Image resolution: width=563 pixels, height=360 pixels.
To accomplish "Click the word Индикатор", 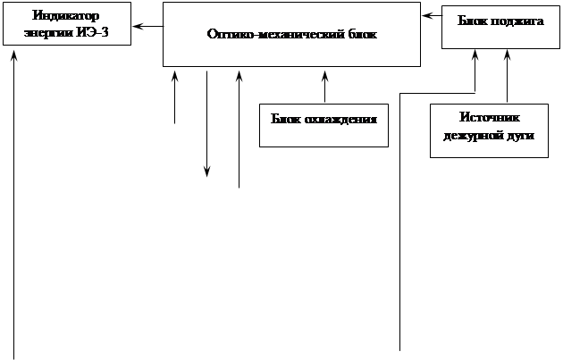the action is click(x=66, y=16).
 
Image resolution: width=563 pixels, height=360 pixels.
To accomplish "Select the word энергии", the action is click(x=48, y=33).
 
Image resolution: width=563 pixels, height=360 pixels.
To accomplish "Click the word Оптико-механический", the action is click(x=276, y=34).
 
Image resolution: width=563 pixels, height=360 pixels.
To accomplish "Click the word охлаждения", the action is click(x=340, y=120).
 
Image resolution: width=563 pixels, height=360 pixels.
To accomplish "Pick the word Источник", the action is click(x=490, y=117).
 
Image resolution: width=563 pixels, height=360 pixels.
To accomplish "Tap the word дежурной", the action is click(x=473, y=136).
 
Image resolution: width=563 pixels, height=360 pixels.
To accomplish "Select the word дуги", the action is click(x=520, y=137).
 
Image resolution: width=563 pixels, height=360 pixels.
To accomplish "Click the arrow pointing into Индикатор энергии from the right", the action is click(x=148, y=26).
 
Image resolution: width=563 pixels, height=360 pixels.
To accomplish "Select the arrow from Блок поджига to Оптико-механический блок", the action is click(x=433, y=16).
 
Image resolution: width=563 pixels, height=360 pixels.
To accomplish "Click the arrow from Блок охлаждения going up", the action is click(x=325, y=87).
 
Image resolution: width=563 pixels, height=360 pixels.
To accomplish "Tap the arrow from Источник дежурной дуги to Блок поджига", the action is click(x=507, y=76).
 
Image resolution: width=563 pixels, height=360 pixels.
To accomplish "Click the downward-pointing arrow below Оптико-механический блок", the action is click(x=206, y=124).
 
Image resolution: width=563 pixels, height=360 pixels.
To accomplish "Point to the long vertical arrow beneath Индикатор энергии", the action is click(x=14, y=205).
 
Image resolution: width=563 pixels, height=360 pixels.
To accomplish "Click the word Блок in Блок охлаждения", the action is click(x=286, y=119).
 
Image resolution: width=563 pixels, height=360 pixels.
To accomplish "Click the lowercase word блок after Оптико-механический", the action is click(x=363, y=34).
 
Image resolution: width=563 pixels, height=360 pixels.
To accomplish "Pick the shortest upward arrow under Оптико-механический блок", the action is click(x=175, y=97).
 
